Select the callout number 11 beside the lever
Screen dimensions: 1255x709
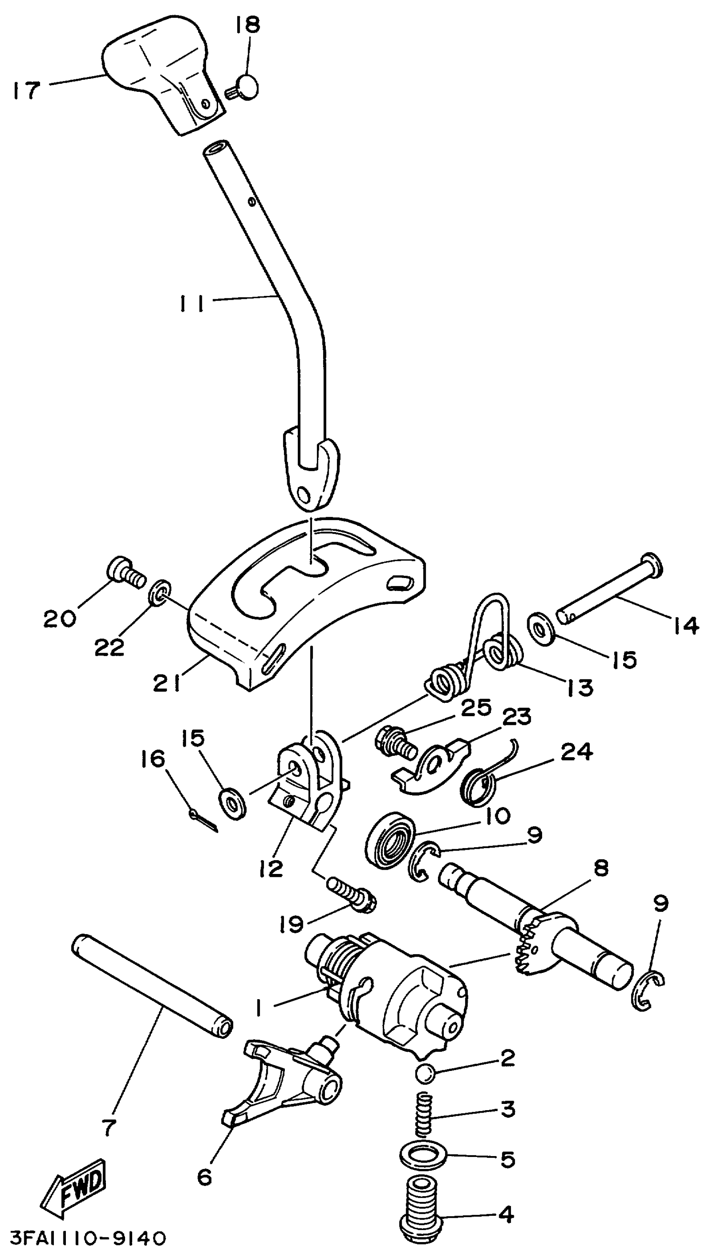click(x=192, y=305)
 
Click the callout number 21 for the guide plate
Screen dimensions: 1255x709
click(x=166, y=683)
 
